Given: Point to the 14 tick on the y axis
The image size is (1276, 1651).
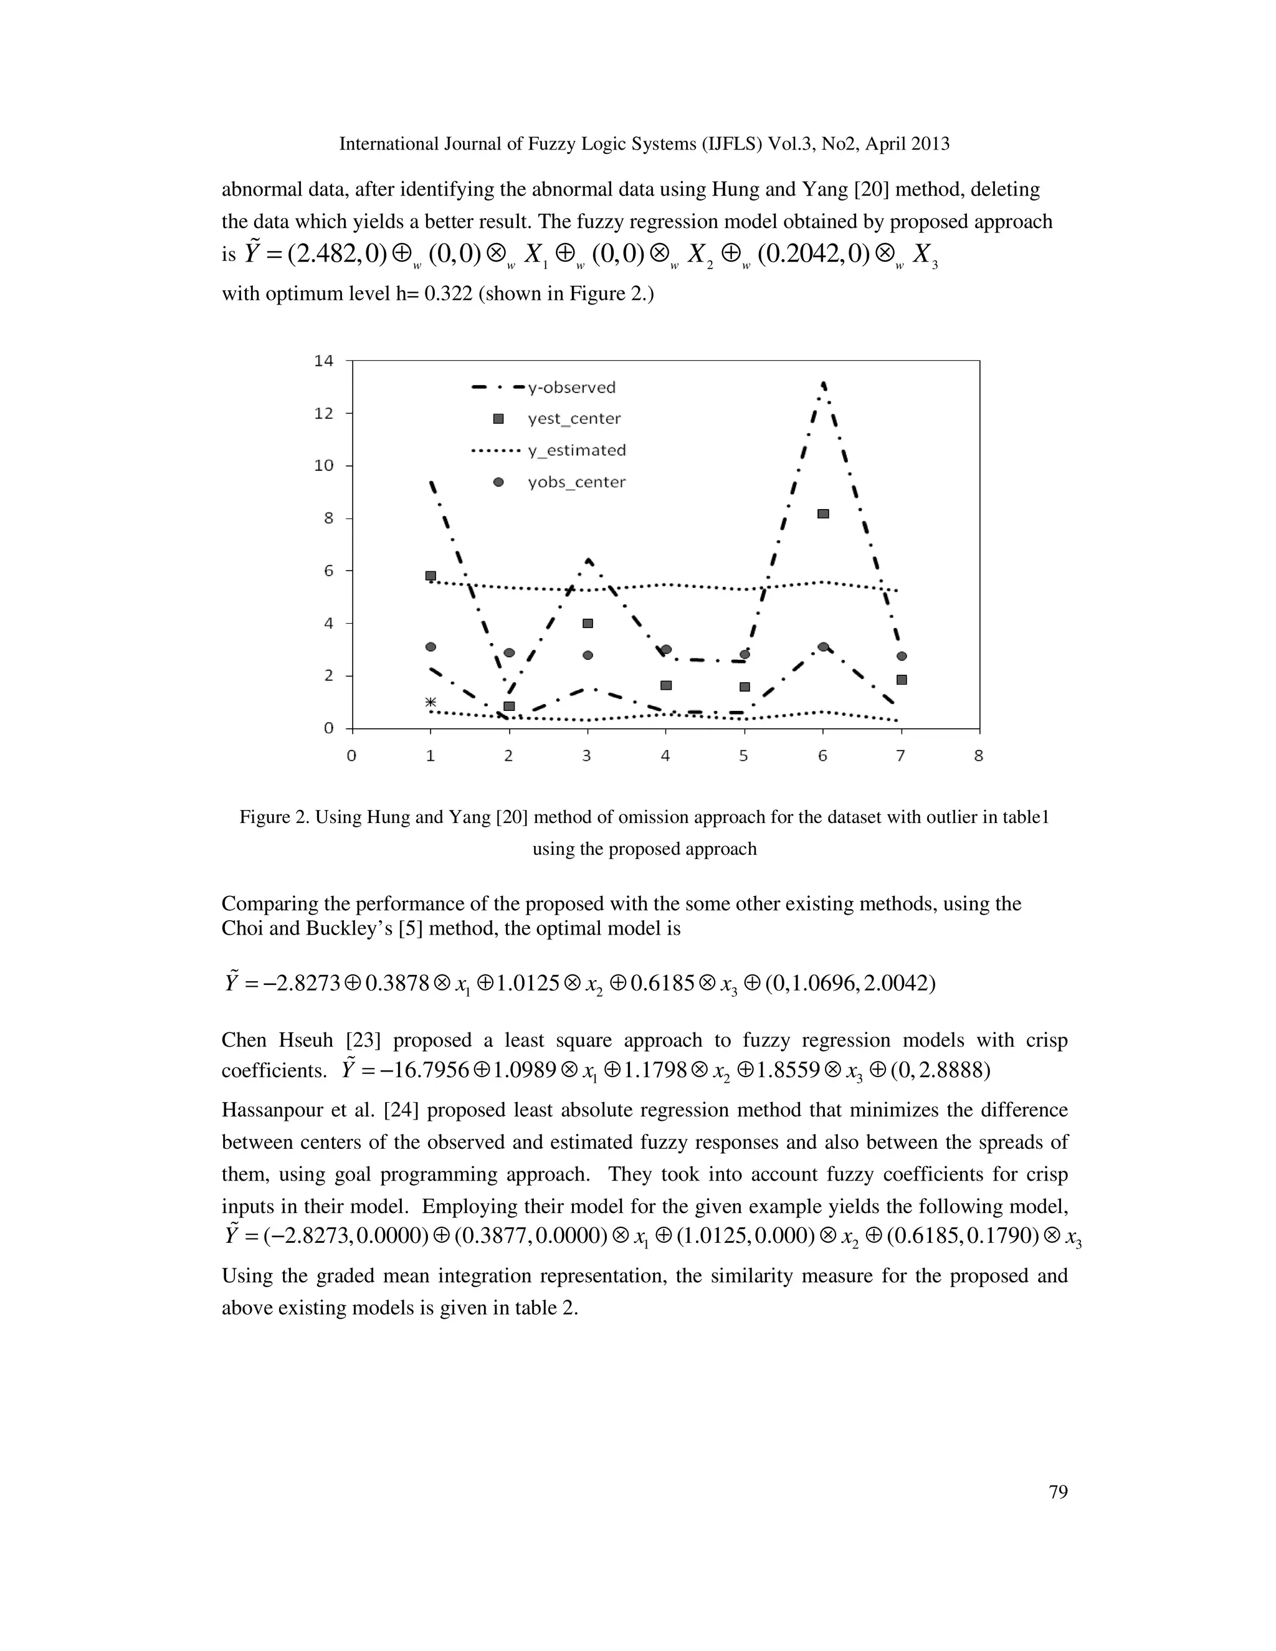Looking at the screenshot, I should (323, 361).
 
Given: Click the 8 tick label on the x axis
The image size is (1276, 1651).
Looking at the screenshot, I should (978, 755).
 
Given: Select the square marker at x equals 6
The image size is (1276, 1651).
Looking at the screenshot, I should (823, 514).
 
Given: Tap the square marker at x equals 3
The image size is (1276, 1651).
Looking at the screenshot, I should (588, 624).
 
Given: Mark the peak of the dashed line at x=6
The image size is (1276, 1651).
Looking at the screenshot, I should (822, 384).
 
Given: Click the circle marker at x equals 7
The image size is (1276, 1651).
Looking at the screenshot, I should (901, 656).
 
